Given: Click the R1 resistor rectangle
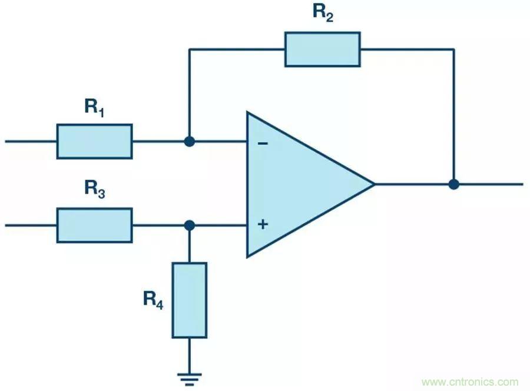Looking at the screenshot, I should pyautogui.click(x=94, y=141).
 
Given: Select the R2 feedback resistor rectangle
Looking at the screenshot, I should pyautogui.click(x=322, y=49).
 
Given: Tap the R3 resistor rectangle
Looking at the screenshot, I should pyautogui.click(x=94, y=225).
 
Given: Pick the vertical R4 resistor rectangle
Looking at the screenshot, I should pyautogui.click(x=189, y=300).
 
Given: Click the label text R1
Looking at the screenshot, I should pyautogui.click(x=94, y=108).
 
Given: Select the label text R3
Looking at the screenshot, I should pyautogui.click(x=94, y=189).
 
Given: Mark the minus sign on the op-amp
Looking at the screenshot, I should pyautogui.click(x=263, y=143).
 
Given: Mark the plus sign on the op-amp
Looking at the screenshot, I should pyautogui.click(x=263, y=224).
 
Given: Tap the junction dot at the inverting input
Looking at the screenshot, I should pyautogui.click(x=189, y=141).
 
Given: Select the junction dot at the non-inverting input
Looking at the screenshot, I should pyautogui.click(x=189, y=225).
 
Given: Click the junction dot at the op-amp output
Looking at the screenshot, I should pyautogui.click(x=453, y=184).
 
